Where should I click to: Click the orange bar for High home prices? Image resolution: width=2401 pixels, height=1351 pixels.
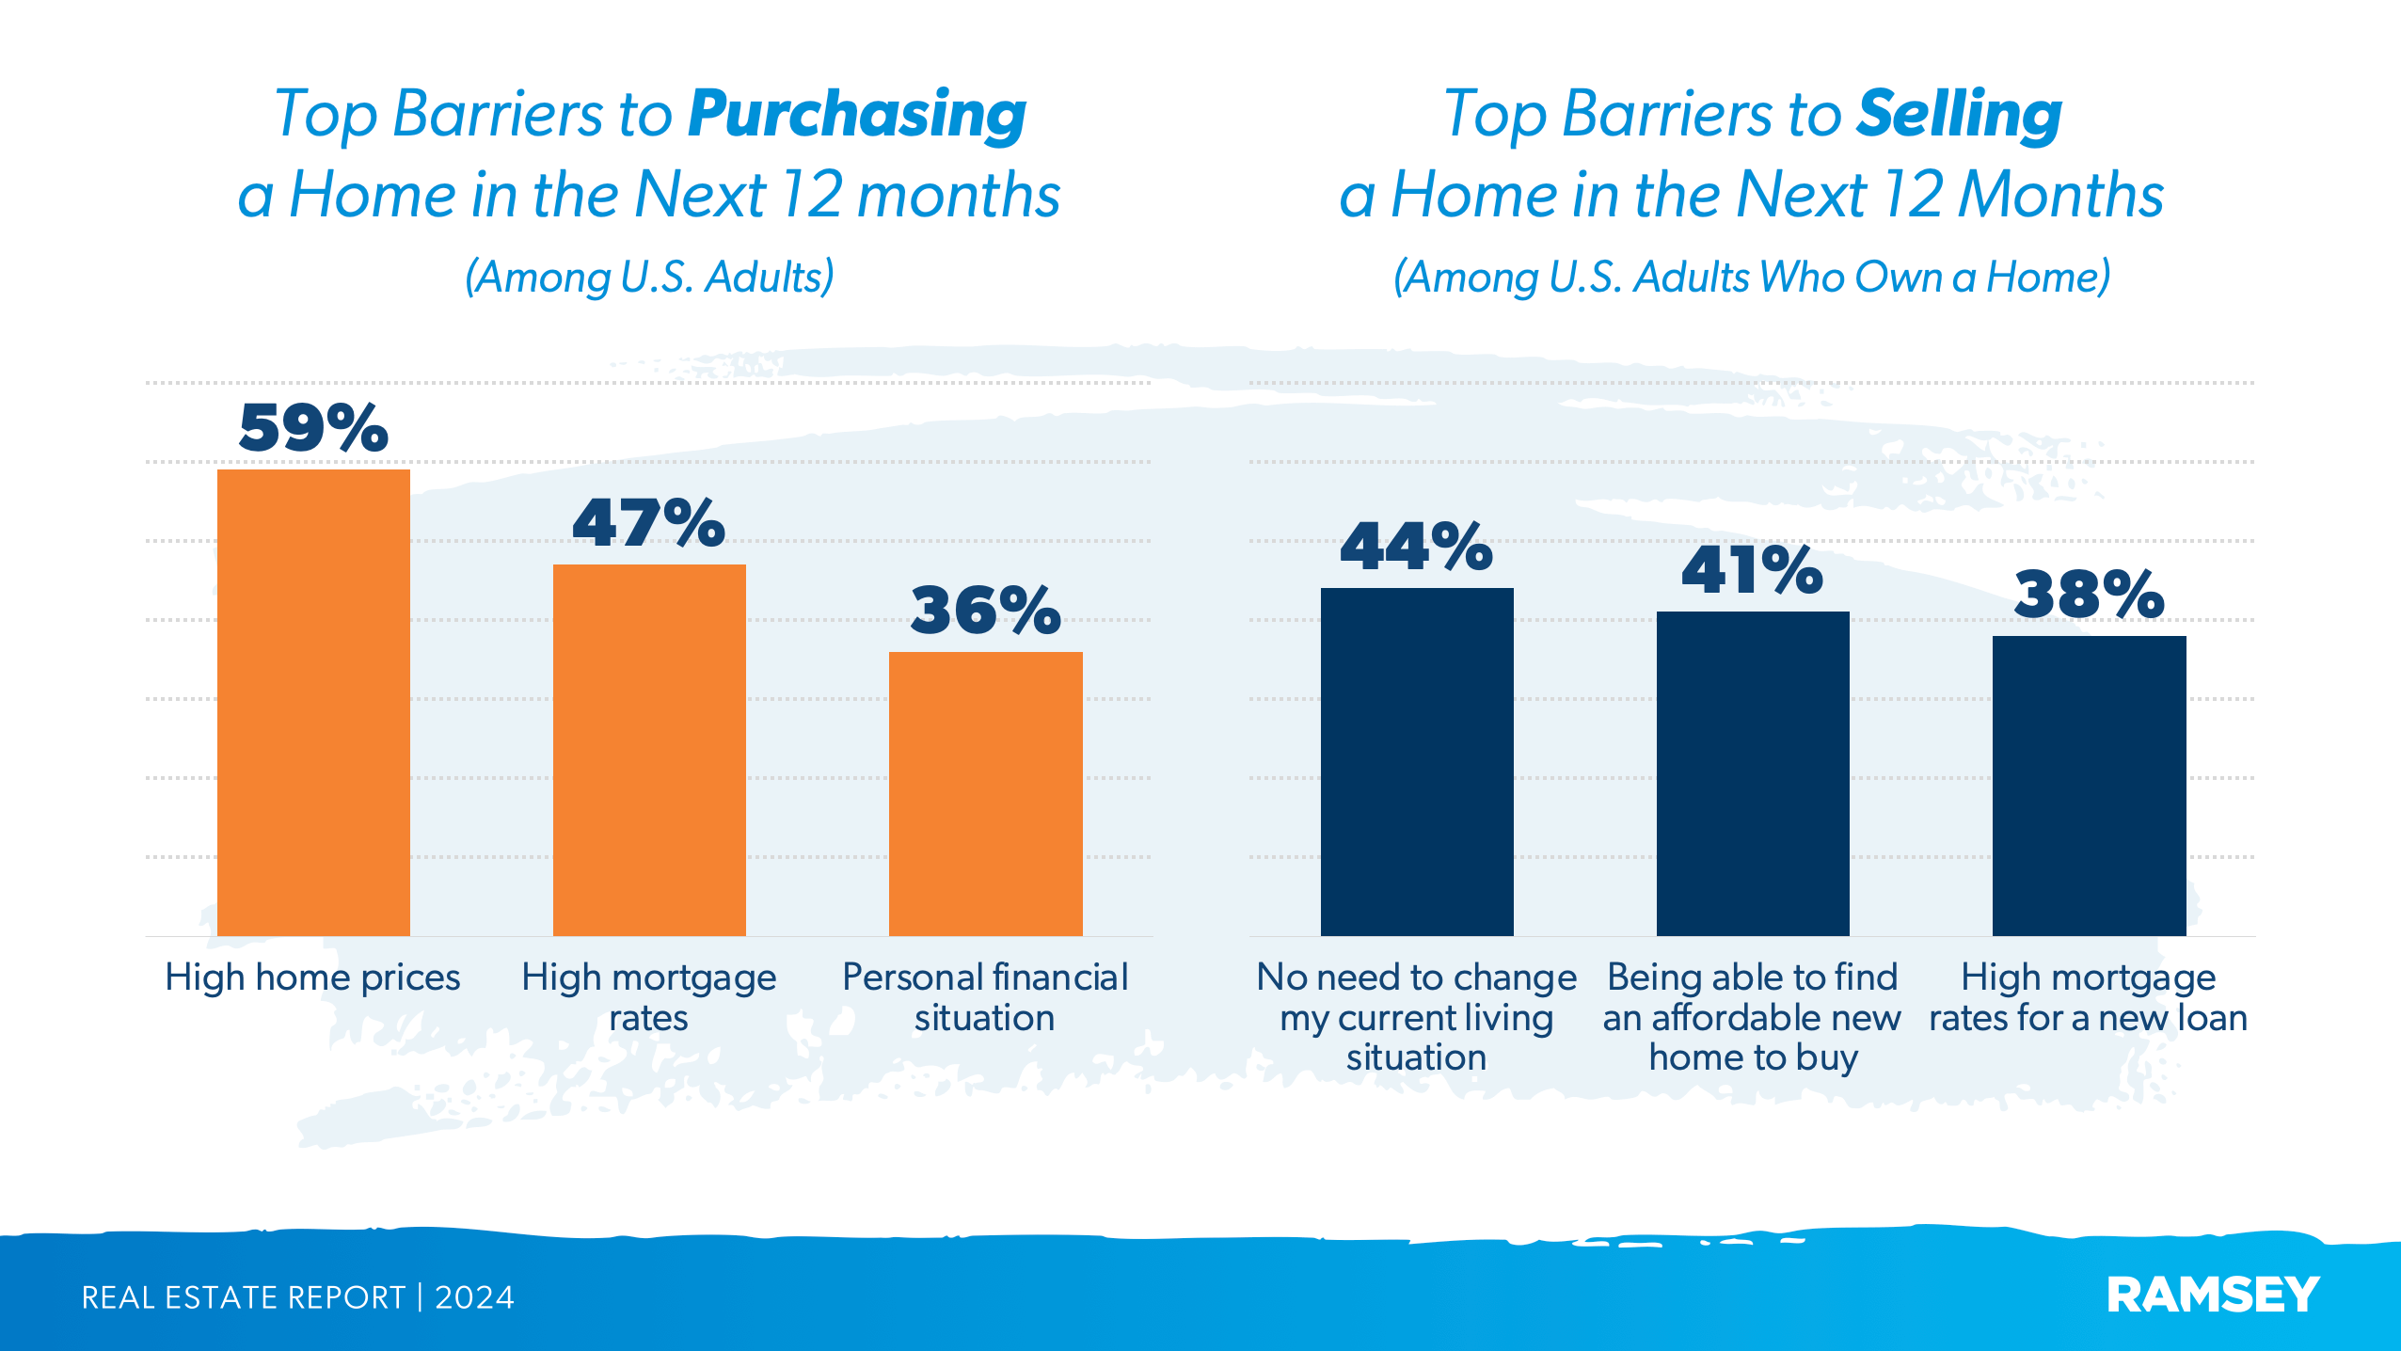pos(313,702)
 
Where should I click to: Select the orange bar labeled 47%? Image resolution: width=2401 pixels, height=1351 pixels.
pos(649,750)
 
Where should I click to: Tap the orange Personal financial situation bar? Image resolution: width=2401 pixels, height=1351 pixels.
pos(985,793)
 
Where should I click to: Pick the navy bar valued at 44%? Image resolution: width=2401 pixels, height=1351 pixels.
pos(1416,761)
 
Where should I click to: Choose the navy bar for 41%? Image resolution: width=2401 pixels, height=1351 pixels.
pos(1752,773)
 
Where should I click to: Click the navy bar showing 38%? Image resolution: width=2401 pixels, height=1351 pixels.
pos(2089,786)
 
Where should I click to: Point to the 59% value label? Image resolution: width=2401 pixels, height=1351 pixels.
pos(313,428)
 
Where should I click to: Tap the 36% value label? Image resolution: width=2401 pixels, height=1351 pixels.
pos(985,611)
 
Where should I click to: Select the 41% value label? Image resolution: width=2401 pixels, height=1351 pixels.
pos(1752,570)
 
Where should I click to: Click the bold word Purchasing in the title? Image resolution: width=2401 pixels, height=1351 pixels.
pos(856,115)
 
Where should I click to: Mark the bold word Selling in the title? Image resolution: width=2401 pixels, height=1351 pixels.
pos(1959,115)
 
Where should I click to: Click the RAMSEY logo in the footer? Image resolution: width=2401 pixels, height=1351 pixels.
pos(2212,1295)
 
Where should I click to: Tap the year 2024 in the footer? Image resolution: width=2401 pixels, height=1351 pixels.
pos(474,1297)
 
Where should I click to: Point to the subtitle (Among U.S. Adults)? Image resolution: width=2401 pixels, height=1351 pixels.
pos(649,277)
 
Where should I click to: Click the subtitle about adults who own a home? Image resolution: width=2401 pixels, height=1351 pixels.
pos(1751,277)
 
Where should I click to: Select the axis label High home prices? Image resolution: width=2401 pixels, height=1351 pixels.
pos(312,977)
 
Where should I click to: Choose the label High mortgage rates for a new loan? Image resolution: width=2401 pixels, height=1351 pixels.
pos(2088,997)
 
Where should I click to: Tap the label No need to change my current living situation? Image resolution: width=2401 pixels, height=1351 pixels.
pos(1416,1017)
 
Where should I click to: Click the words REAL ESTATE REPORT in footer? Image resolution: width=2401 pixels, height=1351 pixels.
pos(243,1297)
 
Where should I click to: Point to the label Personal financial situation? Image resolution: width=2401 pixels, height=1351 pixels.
pos(984,997)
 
